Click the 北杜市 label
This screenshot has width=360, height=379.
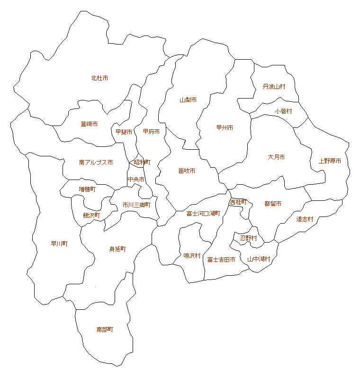coord(99,78)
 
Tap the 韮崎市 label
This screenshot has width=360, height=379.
coord(89,124)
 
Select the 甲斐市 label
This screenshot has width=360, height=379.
coord(124,132)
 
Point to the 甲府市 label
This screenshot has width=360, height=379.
coord(151,131)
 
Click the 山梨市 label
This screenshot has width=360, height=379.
coord(188,100)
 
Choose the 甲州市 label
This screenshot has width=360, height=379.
coord(225,127)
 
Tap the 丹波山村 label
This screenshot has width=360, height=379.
coord(274,87)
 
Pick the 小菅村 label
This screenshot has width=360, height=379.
coord(283,111)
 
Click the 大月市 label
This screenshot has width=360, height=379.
coord(276,157)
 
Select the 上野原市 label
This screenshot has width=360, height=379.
coord(330,161)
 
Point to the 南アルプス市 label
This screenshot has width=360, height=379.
coord(96,162)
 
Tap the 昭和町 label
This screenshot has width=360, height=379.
coord(142,162)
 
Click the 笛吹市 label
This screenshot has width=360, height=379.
coord(187,171)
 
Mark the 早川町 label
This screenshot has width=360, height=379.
coord(59,244)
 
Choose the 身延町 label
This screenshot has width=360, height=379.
coord(117,249)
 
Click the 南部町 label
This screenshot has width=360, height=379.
coord(105,329)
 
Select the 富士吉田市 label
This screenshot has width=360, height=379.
coord(221,260)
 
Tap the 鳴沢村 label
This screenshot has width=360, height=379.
coord(192,255)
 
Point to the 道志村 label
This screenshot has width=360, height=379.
coord(305,219)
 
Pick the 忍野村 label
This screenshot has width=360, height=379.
coord(248,238)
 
